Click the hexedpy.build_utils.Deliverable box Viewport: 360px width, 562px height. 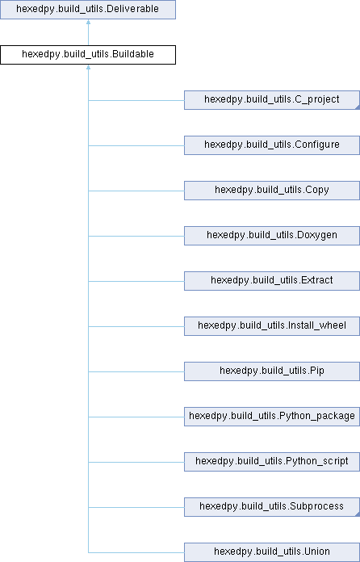[x=88, y=10]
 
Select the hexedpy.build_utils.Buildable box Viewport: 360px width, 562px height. [x=88, y=55]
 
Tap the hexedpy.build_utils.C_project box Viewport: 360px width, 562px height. [x=272, y=100]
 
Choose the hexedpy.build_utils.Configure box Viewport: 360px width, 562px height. [x=272, y=145]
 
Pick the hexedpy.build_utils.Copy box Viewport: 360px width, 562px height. [x=272, y=191]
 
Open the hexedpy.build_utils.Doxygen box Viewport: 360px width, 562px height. [x=272, y=236]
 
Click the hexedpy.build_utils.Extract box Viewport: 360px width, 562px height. [x=272, y=281]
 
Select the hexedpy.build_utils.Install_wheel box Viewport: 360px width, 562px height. [x=272, y=325]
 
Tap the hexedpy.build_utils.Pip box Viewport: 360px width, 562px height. [x=272, y=371]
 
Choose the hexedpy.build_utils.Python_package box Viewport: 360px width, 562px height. [x=272, y=416]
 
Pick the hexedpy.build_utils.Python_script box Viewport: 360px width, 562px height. [x=272, y=461]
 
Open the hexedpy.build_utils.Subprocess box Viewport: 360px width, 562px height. [x=272, y=506]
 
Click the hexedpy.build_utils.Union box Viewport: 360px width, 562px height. [x=272, y=552]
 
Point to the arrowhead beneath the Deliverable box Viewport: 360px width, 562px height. [x=88, y=22]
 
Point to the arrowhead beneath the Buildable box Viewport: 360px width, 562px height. [x=88, y=67]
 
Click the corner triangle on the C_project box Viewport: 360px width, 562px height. [x=358, y=107]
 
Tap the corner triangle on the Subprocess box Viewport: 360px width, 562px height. [x=358, y=514]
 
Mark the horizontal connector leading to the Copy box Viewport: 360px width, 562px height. [x=136, y=191]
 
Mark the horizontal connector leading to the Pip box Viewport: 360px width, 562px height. [x=136, y=371]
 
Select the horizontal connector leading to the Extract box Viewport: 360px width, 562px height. [x=136, y=281]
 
